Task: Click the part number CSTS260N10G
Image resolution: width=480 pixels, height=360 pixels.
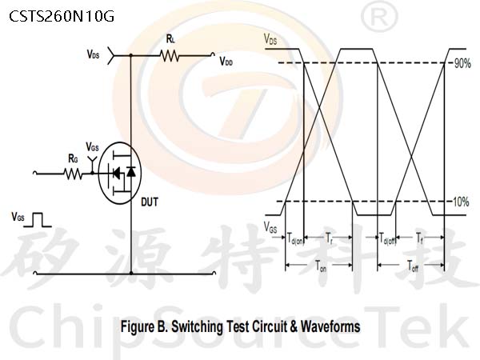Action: (62, 16)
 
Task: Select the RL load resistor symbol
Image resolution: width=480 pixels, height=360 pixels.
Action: (170, 56)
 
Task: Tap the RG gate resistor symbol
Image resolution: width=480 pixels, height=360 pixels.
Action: (73, 174)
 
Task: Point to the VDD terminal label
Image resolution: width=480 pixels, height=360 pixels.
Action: (226, 62)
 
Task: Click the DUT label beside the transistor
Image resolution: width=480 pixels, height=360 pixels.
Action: (150, 202)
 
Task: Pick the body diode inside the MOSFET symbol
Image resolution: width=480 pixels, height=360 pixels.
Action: (131, 171)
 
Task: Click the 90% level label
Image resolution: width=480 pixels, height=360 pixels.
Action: (462, 63)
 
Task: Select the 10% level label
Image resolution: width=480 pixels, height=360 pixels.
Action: (461, 202)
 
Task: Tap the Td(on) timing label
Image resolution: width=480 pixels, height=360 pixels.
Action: (294, 238)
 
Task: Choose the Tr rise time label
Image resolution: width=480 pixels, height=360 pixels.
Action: (329, 238)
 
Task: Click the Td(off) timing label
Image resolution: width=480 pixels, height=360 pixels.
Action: (387, 238)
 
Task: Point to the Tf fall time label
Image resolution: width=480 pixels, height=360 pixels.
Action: (419, 238)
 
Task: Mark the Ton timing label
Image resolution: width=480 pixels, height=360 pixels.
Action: (321, 266)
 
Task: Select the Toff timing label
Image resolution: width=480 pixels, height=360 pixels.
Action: (413, 266)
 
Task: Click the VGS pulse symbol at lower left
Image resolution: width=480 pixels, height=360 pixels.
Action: (38, 220)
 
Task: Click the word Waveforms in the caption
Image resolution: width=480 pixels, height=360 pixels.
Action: (330, 326)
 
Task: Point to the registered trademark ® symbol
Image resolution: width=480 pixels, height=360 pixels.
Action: (379, 18)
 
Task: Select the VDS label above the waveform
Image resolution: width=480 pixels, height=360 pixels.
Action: (270, 39)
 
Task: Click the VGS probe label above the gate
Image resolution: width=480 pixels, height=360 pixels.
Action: (92, 147)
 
